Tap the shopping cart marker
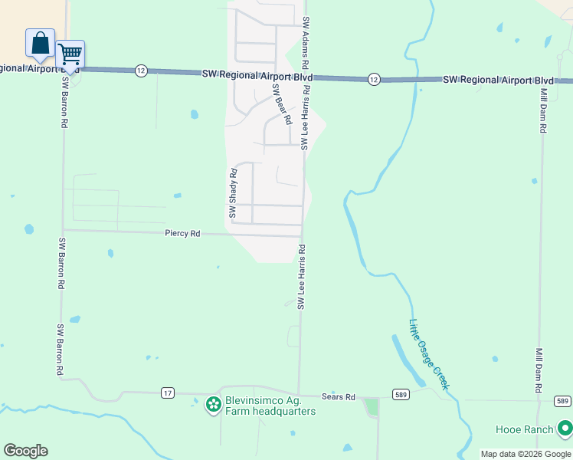70,54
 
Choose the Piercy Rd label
182,233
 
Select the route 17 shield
168,393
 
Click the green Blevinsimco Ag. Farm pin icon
213,405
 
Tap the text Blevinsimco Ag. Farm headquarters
270,406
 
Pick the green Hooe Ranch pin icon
565,428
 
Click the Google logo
25,451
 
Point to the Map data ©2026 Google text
526,454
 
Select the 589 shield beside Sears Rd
401,394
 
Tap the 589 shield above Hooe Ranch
562,401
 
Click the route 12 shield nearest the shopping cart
140,70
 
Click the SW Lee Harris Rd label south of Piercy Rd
302,277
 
